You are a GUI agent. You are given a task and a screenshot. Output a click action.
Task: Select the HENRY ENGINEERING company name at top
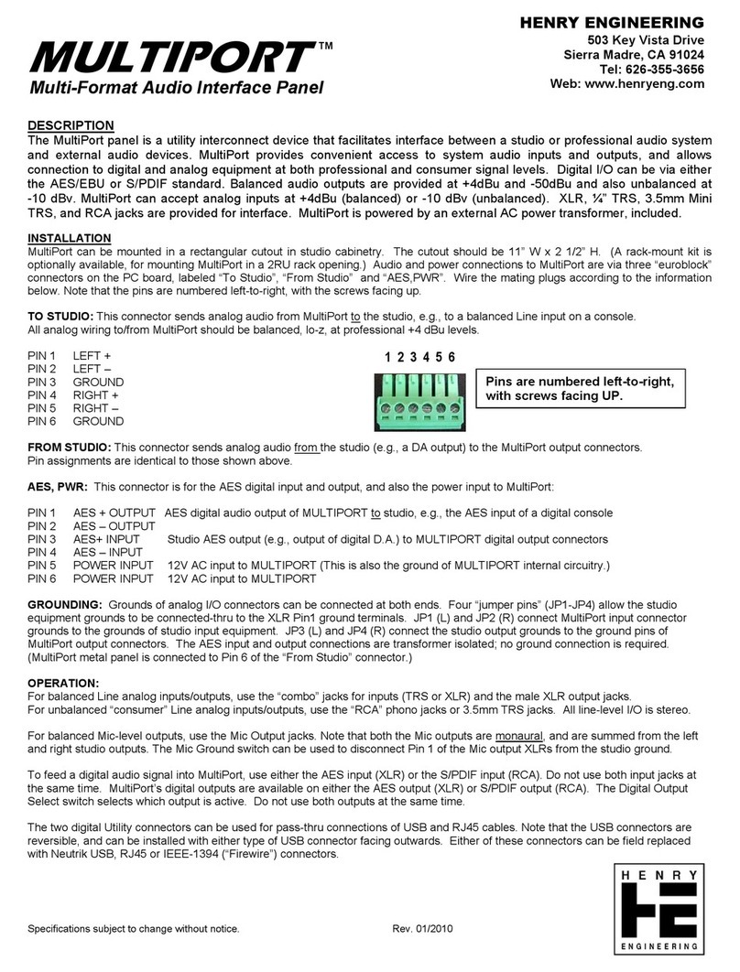(x=625, y=22)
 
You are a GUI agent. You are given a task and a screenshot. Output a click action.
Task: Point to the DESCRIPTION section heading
(x=71, y=125)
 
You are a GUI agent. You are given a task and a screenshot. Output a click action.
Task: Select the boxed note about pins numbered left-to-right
(x=583, y=389)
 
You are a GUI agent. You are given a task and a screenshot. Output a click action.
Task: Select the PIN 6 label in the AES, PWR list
(x=43, y=579)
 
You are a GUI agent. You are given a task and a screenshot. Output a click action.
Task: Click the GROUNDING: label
(x=65, y=606)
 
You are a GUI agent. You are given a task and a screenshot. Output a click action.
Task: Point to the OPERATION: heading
(x=63, y=684)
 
